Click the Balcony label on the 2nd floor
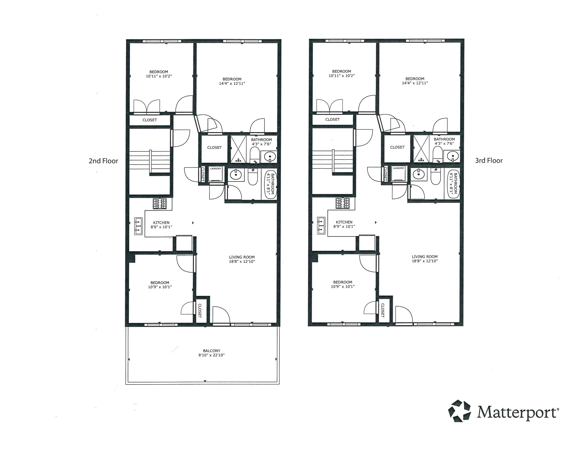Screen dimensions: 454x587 tap(211, 351)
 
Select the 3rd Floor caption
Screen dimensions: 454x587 tap(489, 161)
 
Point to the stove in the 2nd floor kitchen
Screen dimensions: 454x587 tap(160, 204)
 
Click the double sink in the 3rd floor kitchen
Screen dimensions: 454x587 tap(321, 225)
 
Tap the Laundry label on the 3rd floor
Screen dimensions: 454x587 tap(398, 168)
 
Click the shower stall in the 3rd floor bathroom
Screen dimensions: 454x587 tap(421, 149)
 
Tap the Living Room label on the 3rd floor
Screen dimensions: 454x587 tap(424, 257)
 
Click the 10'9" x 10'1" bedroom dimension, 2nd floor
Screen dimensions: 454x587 tap(160, 287)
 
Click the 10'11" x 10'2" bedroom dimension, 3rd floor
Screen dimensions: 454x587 tap(341, 76)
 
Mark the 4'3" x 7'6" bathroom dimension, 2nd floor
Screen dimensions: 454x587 tap(261, 144)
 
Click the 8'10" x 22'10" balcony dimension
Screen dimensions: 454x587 tap(211, 355)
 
